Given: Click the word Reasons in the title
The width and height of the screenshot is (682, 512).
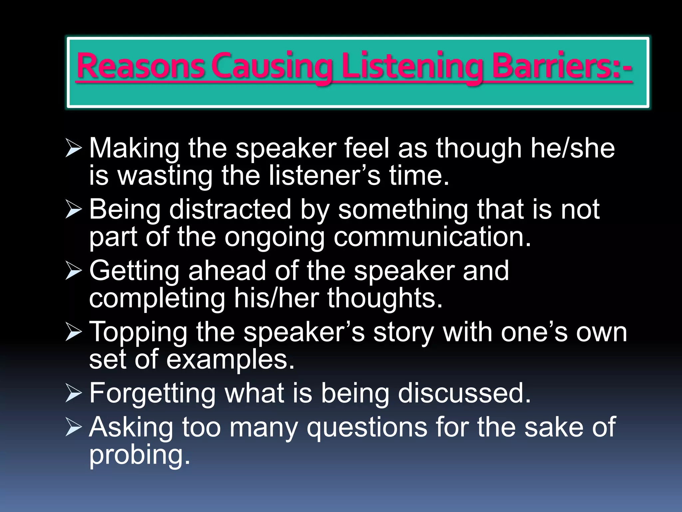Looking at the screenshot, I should [x=140, y=66].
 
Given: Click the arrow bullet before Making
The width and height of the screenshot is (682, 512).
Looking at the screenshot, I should [x=73, y=148].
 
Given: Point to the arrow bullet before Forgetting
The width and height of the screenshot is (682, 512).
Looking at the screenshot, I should [x=73, y=393].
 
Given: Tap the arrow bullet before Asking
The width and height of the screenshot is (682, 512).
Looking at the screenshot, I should [x=73, y=427].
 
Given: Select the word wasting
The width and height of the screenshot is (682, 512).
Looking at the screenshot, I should [x=165, y=176].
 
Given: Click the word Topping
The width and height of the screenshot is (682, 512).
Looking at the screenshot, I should [x=139, y=332].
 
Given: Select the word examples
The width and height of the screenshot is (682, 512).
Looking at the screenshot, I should [x=230, y=360].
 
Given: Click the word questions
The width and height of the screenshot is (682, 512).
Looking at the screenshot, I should [x=367, y=427].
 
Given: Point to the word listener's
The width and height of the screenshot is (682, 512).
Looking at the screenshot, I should [x=324, y=176].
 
